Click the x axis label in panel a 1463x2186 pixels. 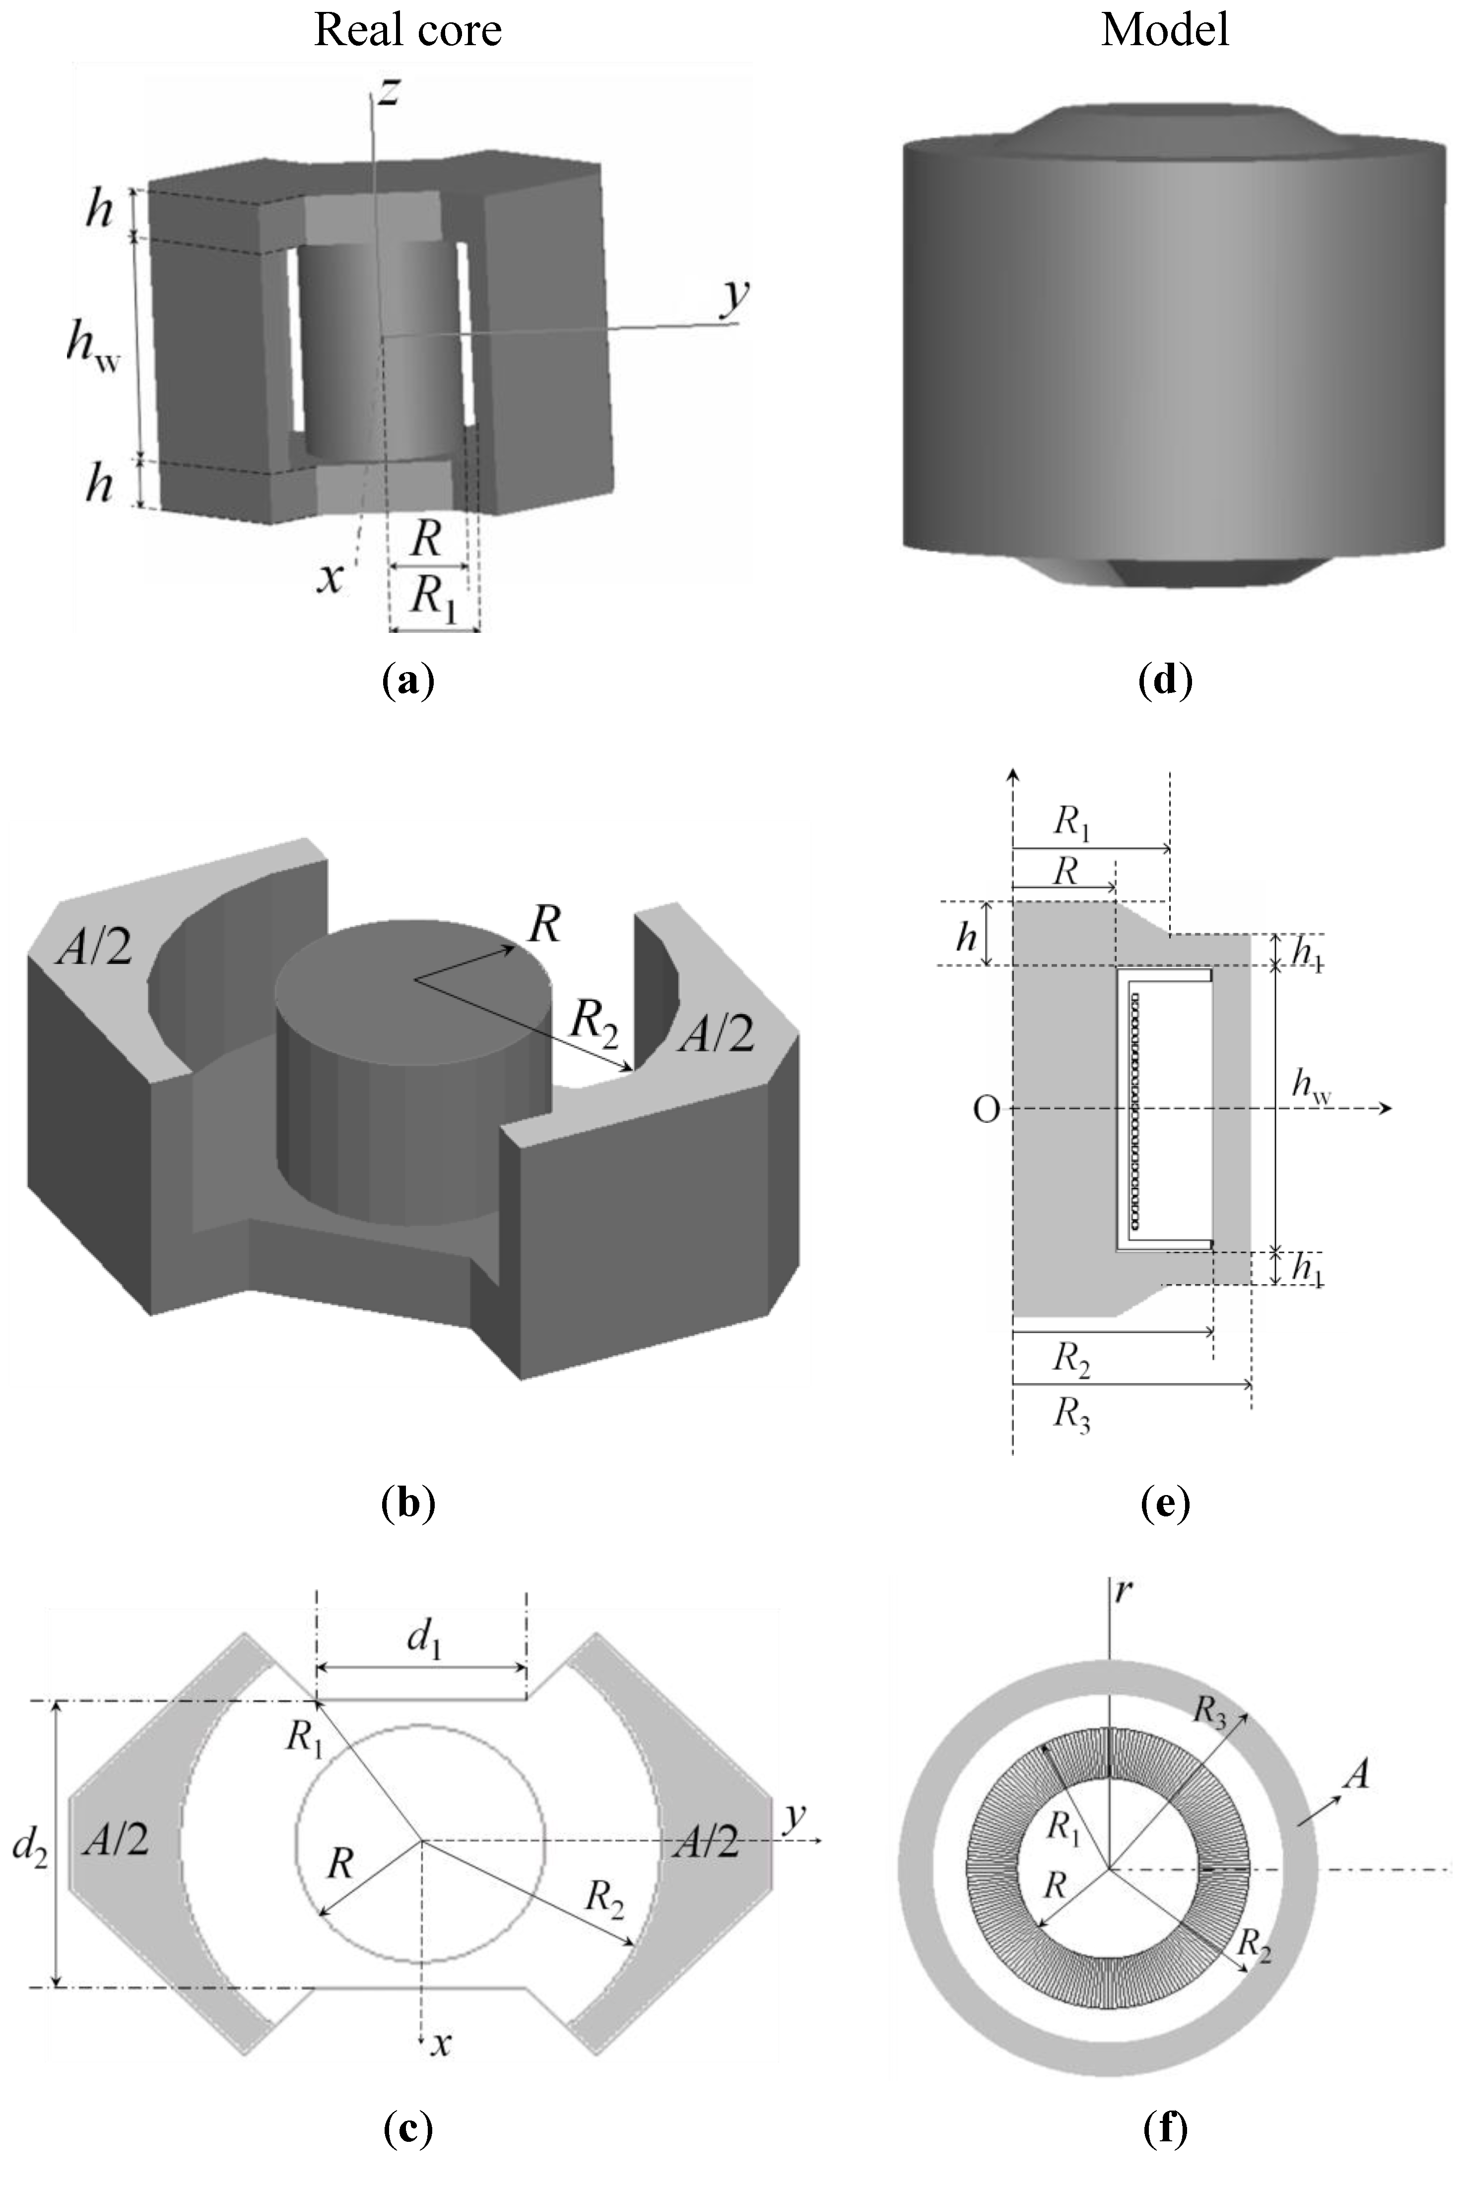click(x=330, y=578)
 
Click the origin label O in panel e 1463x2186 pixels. click(x=986, y=1110)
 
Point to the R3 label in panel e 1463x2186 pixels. click(x=1071, y=1416)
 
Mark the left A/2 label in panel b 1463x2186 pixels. click(x=93, y=949)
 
